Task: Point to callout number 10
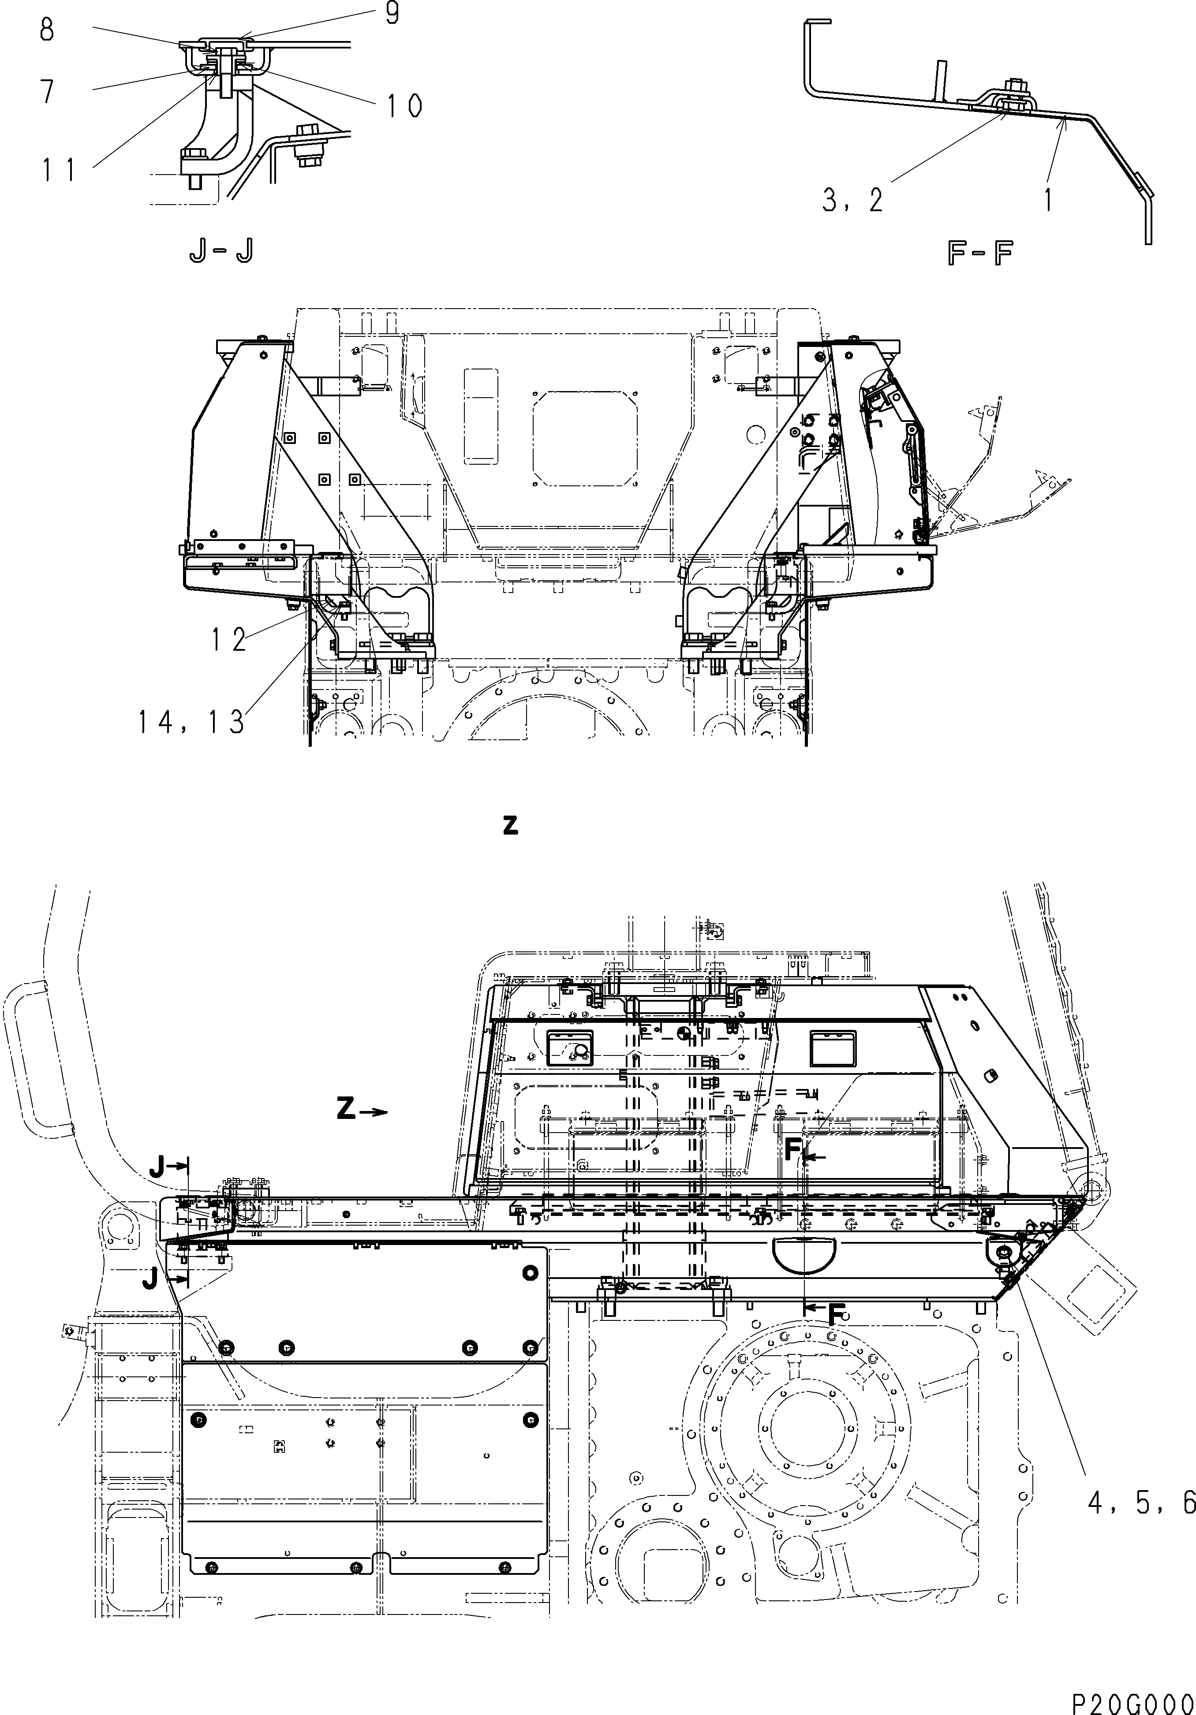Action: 404,106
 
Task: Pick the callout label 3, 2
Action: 852,200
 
